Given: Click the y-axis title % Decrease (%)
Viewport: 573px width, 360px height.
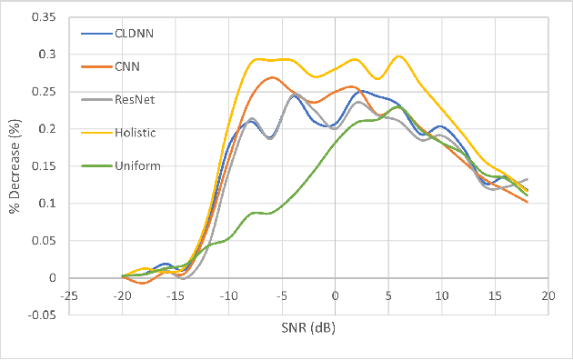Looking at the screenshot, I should coord(15,165).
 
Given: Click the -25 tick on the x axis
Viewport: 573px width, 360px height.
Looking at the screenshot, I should coord(68,295).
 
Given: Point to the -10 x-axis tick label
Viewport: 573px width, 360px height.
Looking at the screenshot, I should coord(227,295).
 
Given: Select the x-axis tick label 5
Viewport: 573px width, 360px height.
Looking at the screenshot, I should coord(388,295).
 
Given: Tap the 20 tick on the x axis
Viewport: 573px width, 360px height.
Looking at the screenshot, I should coord(548,295).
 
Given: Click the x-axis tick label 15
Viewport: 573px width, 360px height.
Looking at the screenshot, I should coord(495,295).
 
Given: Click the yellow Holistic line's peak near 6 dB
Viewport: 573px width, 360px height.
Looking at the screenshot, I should coord(398,56).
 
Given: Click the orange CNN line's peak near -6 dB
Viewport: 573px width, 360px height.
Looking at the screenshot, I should coord(273,77).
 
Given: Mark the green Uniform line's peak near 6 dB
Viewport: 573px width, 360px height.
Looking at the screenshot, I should coord(397,106).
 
